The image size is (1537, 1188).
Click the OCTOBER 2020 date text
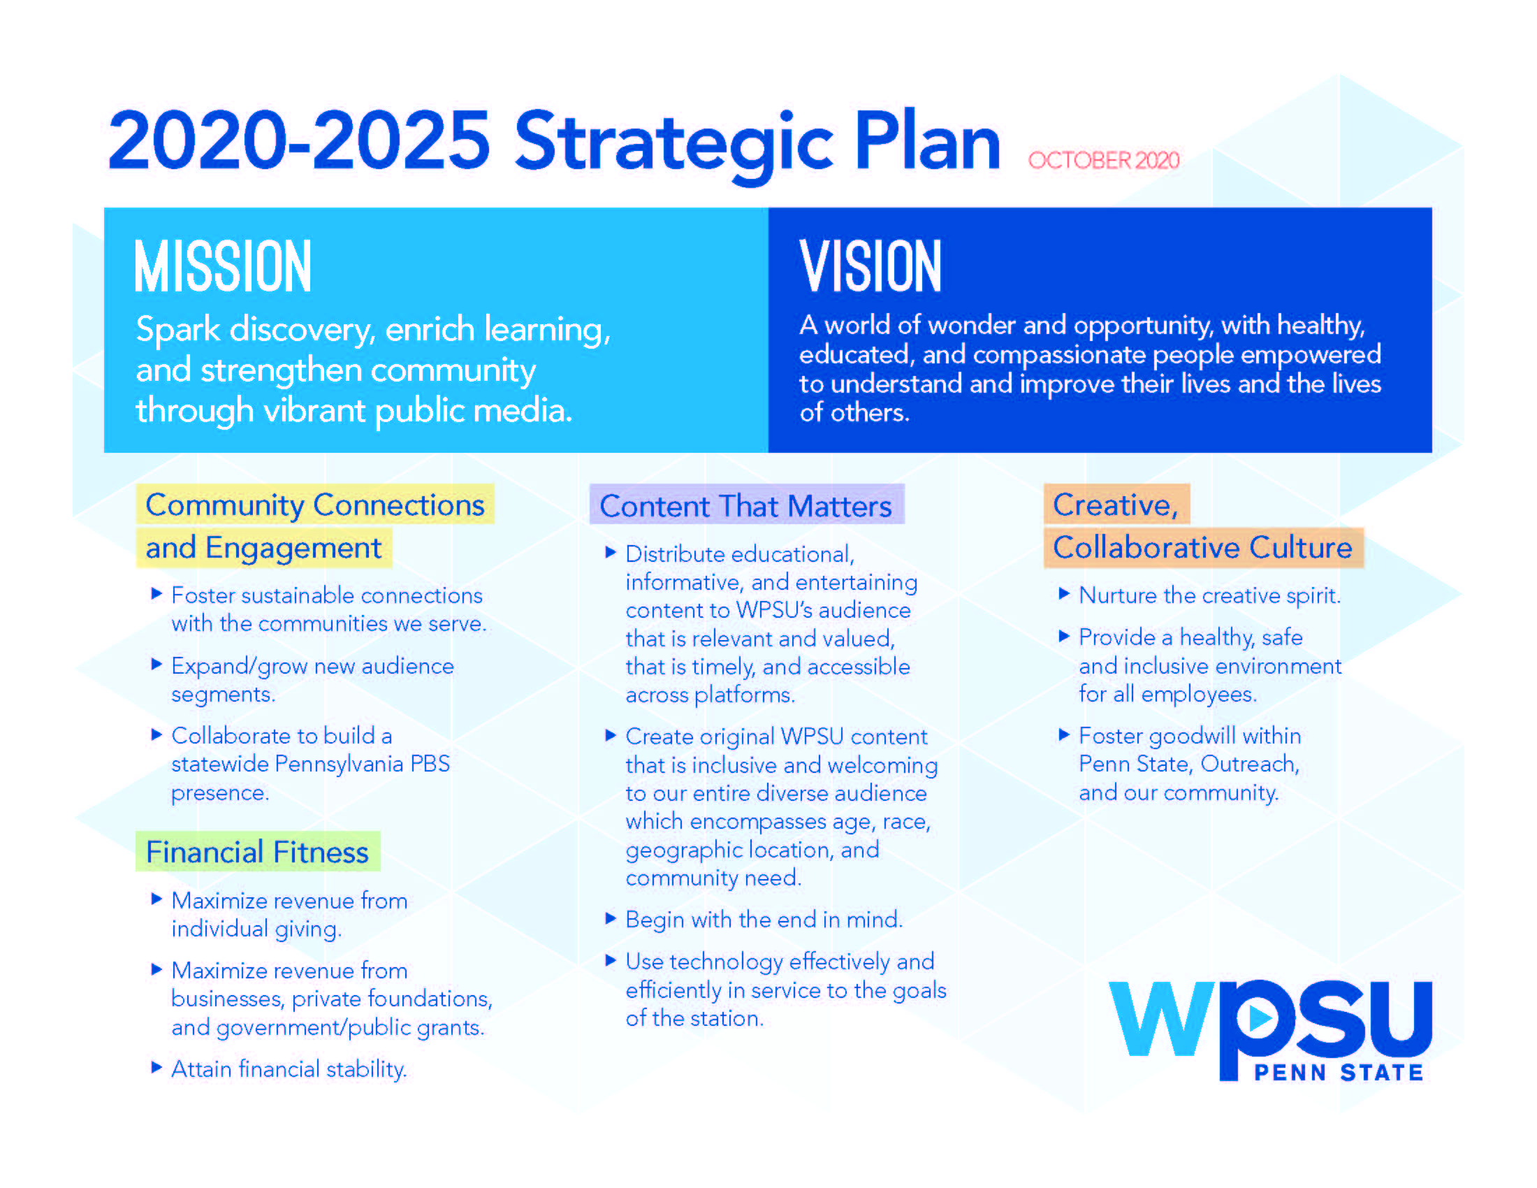(x=1103, y=161)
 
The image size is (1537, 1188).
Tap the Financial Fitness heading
(x=257, y=853)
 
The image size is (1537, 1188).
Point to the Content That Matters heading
(x=745, y=506)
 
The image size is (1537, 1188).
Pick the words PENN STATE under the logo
(x=1339, y=1073)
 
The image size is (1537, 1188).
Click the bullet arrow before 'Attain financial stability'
(x=157, y=1067)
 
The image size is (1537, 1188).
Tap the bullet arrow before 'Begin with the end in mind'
(x=611, y=918)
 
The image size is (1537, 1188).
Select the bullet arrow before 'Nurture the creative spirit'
(x=1064, y=593)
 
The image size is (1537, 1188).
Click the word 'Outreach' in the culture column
(x=1249, y=765)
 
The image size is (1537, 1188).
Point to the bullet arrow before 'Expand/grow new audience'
(x=157, y=664)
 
